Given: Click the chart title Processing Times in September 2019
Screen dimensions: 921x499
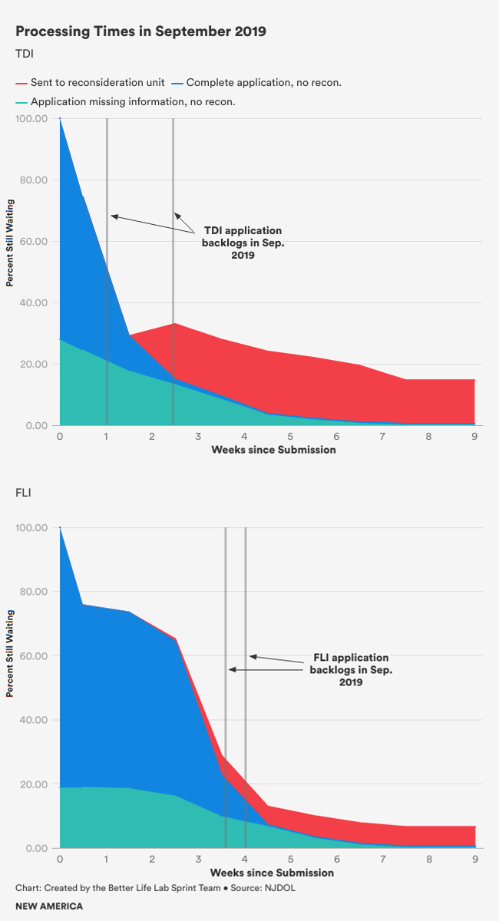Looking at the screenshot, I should pyautogui.click(x=140, y=31).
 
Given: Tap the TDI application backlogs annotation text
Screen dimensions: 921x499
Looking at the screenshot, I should pyautogui.click(x=242, y=243).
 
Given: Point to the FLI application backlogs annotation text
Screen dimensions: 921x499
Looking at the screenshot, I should pyautogui.click(x=350, y=669).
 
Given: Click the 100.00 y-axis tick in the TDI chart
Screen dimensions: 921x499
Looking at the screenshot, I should pyautogui.click(x=32, y=119).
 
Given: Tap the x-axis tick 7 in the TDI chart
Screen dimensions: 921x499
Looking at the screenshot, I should pyautogui.click(x=382, y=436).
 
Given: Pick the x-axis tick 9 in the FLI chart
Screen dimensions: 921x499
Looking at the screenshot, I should pyautogui.click(x=474, y=859).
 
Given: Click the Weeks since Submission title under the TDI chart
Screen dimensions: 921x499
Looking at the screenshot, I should pyautogui.click(x=273, y=450).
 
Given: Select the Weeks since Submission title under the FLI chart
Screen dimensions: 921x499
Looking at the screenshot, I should pyautogui.click(x=272, y=873).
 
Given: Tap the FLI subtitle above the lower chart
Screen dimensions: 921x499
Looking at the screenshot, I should pyautogui.click(x=24, y=492).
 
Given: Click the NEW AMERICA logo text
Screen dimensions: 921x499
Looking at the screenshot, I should pyautogui.click(x=49, y=906).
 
